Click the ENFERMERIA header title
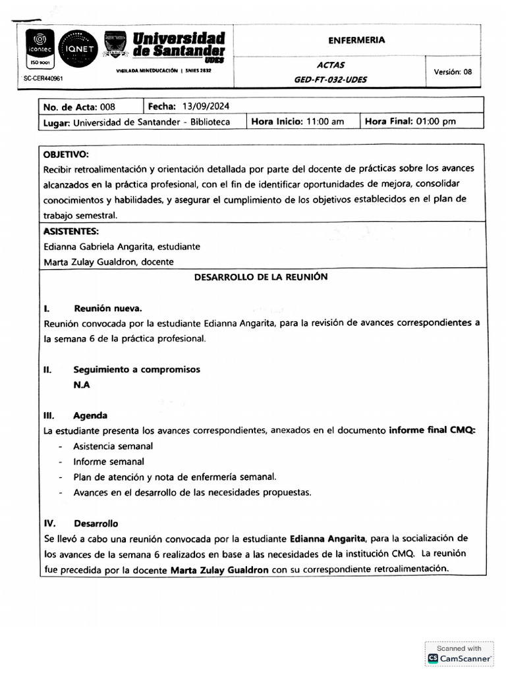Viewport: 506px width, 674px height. pos(356,40)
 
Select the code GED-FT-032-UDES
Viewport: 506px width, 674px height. pos(331,80)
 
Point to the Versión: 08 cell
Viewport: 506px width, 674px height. pos(453,72)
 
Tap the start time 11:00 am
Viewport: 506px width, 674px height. pos(325,122)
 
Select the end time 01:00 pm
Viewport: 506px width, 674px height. pos(436,122)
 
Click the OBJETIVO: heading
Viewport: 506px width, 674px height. pos(66,155)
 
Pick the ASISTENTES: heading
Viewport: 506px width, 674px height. pos(71,231)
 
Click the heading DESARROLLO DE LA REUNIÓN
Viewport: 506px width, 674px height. pos(260,277)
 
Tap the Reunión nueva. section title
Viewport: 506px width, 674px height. pos(107,308)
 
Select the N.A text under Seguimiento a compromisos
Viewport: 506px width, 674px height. pos(82,385)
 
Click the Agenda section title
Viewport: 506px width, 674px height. pos(90,416)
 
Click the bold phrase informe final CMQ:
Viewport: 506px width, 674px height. pos(432,431)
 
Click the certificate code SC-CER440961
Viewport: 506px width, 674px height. pos(43,78)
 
